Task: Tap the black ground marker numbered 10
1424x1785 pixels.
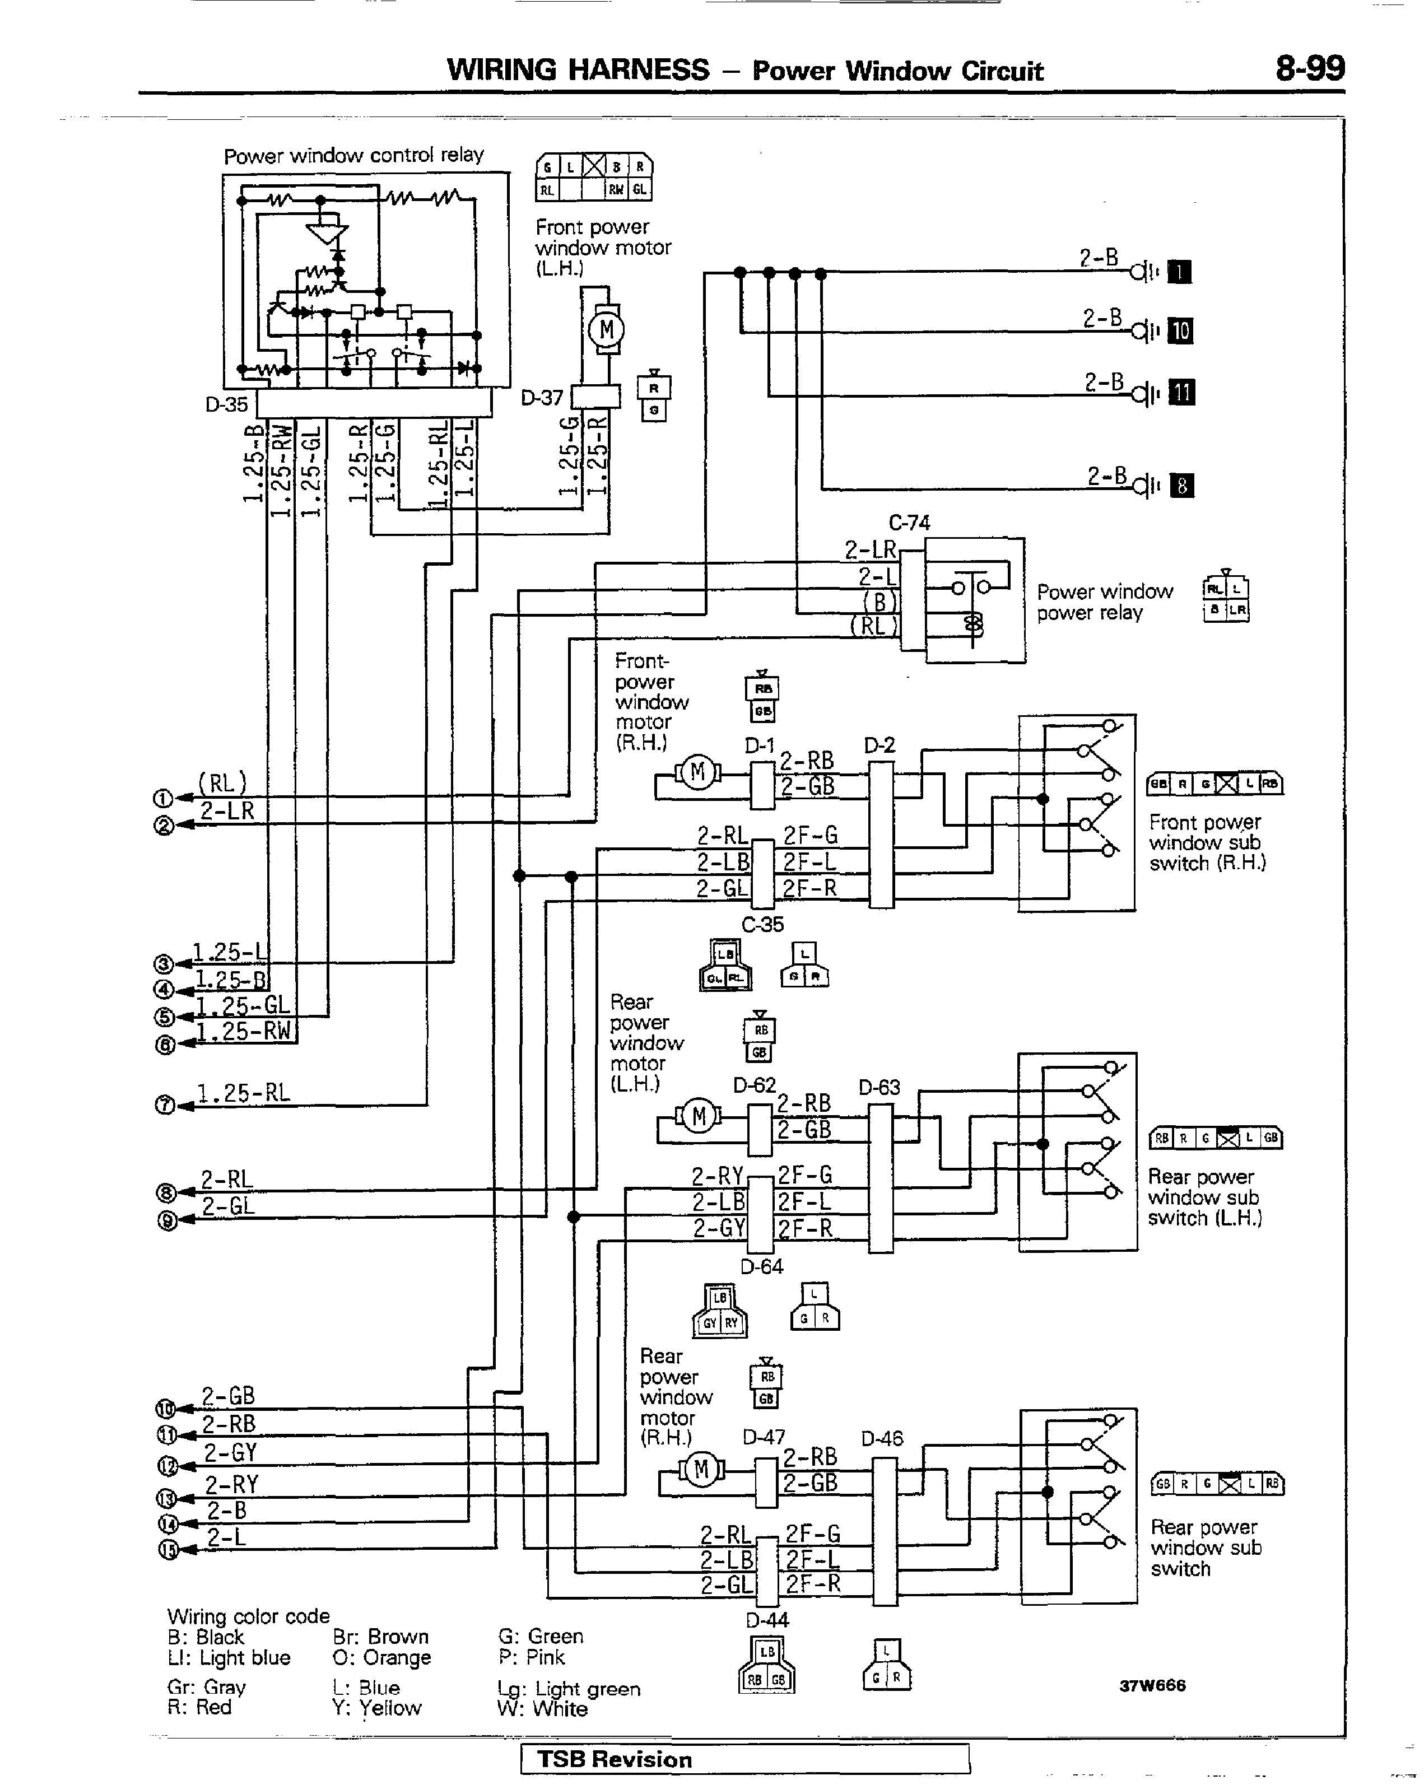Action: [1180, 331]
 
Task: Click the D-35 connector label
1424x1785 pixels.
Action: [226, 405]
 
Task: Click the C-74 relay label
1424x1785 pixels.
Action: [909, 523]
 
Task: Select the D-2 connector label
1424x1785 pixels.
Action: [879, 746]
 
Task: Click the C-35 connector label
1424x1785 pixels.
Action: [762, 924]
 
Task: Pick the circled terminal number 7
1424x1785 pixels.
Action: [164, 1105]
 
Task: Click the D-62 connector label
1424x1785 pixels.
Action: [754, 1084]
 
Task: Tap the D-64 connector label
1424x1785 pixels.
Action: [762, 1266]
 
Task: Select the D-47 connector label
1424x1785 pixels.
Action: [764, 1437]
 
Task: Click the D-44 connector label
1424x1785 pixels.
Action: [767, 1620]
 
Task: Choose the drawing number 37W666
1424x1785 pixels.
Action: [1152, 1686]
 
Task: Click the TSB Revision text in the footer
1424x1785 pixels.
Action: [615, 1759]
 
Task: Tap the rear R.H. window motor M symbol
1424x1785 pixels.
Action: [701, 1470]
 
